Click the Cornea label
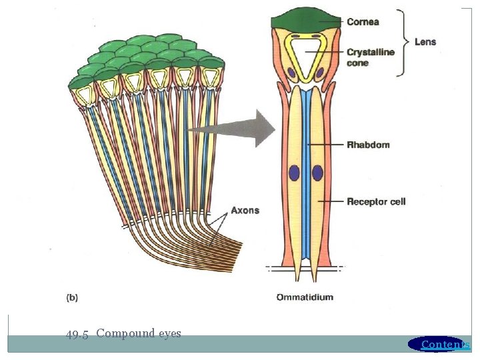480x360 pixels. pyautogui.click(x=363, y=21)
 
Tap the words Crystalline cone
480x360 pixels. pyautogui.click(x=370, y=57)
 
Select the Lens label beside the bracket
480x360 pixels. pyautogui.click(x=425, y=41)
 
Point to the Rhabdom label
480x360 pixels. pyautogui.click(x=368, y=145)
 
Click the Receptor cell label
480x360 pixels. pyautogui.click(x=376, y=201)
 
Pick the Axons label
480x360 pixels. pyautogui.click(x=245, y=211)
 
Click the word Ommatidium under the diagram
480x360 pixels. pyautogui.click(x=305, y=297)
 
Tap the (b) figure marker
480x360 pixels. pyautogui.click(x=72, y=298)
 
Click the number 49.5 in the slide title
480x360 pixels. pyautogui.click(x=77, y=334)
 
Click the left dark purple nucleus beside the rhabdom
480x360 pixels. pyautogui.click(x=294, y=173)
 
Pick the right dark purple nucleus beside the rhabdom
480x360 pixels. pyautogui.click(x=317, y=173)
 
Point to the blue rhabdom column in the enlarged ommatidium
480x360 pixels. pyautogui.click(x=306, y=200)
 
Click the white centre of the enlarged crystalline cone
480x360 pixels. pyautogui.click(x=306, y=57)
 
